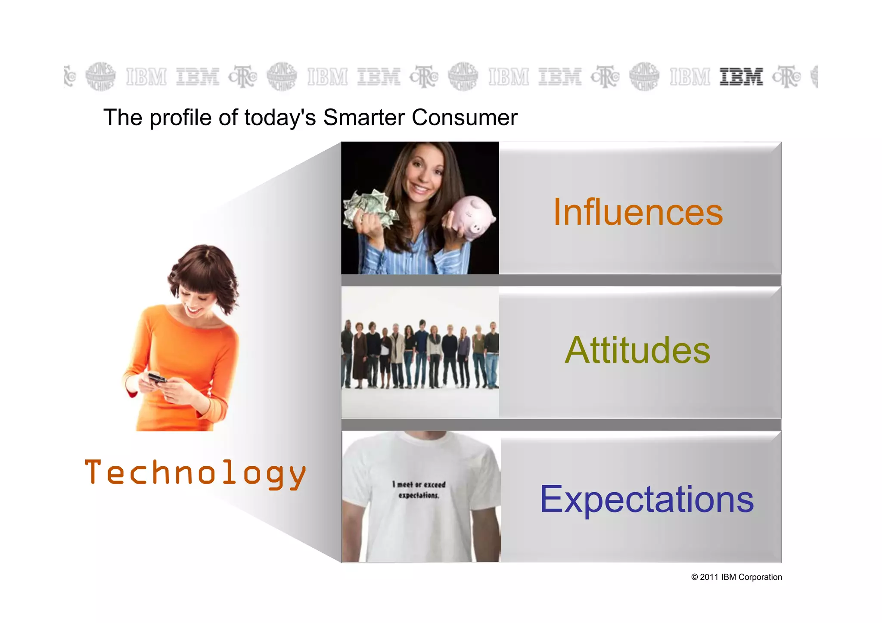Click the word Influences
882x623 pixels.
(638, 212)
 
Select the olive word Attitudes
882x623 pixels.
(637, 350)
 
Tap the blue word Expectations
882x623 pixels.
(647, 499)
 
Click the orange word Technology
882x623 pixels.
(195, 473)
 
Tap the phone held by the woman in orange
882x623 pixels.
(157, 378)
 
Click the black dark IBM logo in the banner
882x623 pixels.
(741, 77)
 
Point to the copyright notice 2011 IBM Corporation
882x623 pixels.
(736, 577)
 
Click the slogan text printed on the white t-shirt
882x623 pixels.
(419, 490)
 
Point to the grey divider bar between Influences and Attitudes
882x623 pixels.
(560, 280)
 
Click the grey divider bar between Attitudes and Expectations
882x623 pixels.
(560, 425)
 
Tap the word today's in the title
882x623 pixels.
(280, 118)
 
